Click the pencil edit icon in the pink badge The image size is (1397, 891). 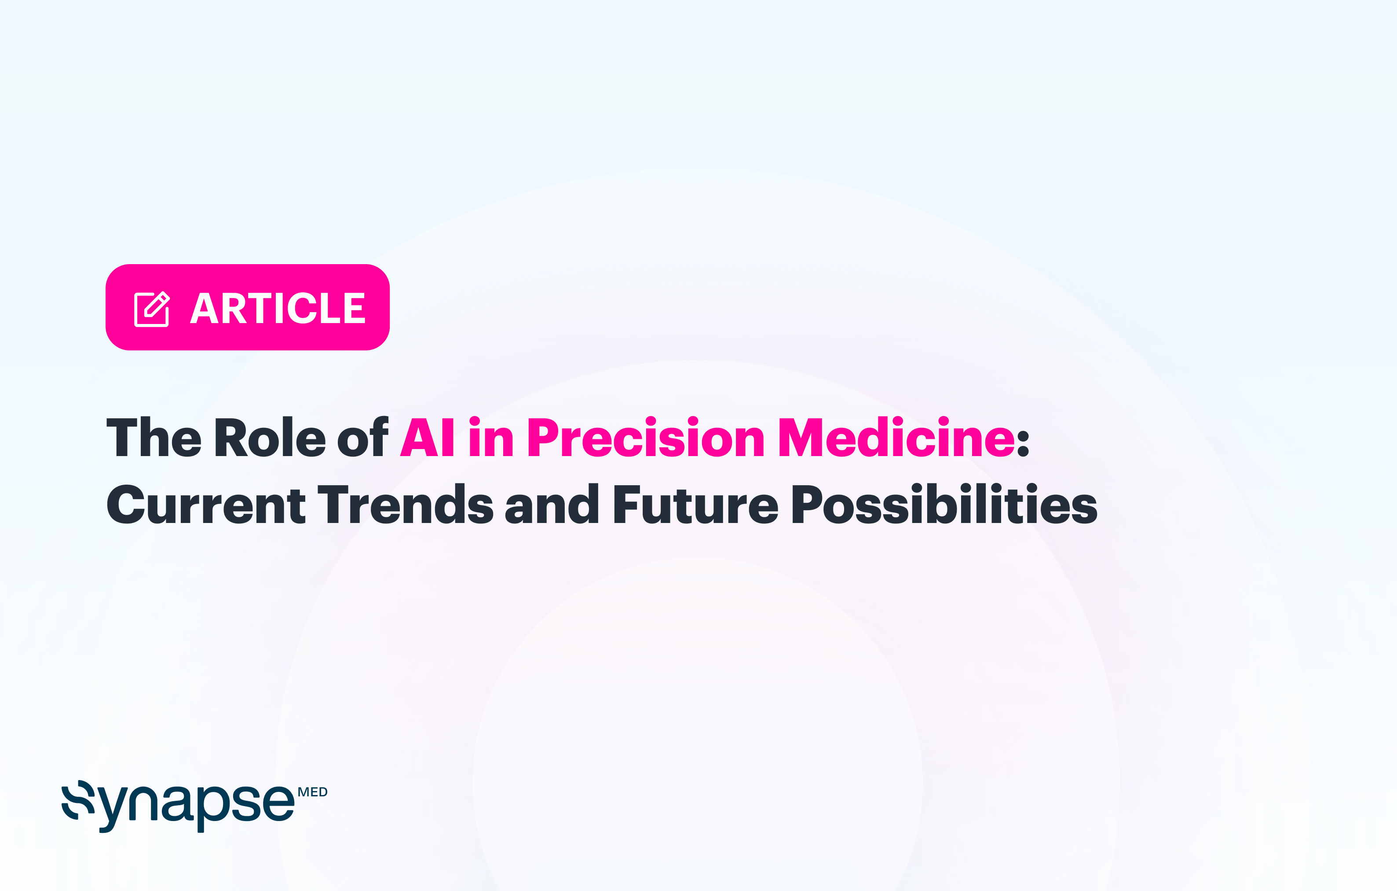tap(152, 309)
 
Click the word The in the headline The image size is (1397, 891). tap(154, 438)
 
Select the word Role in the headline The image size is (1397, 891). tap(270, 438)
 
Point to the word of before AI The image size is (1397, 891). tap(362, 438)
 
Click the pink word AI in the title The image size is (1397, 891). tap(428, 438)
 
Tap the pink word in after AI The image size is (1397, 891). tap(491, 438)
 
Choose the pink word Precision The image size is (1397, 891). tap(646, 438)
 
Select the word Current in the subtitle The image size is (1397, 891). tap(206, 505)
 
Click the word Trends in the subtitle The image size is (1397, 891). tap(406, 505)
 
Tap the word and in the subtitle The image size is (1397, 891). tap(552, 505)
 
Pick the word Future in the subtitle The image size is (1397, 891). tap(695, 505)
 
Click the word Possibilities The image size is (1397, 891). tap(944, 505)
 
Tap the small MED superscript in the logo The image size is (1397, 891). tap(313, 792)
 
